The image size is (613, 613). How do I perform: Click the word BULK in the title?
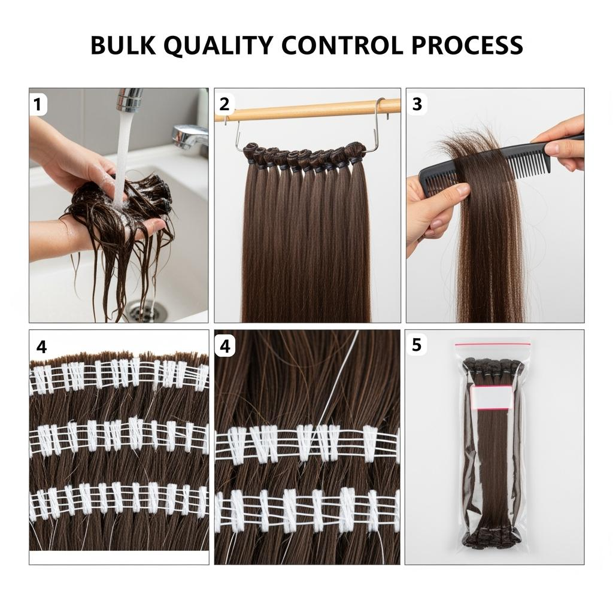[x=123, y=45]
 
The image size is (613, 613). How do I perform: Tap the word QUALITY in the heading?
[x=218, y=45]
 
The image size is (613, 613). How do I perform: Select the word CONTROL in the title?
[x=342, y=45]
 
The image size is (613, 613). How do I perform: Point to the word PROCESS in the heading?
[x=467, y=45]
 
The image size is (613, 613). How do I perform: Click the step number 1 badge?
[x=38, y=105]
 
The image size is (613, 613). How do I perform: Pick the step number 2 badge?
[x=224, y=104]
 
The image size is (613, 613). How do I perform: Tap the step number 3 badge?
[x=417, y=104]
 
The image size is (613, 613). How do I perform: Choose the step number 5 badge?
[x=417, y=345]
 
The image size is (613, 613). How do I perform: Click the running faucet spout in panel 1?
[x=129, y=99]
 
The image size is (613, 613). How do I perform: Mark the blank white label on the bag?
[x=491, y=397]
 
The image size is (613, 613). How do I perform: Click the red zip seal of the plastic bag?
[x=492, y=344]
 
